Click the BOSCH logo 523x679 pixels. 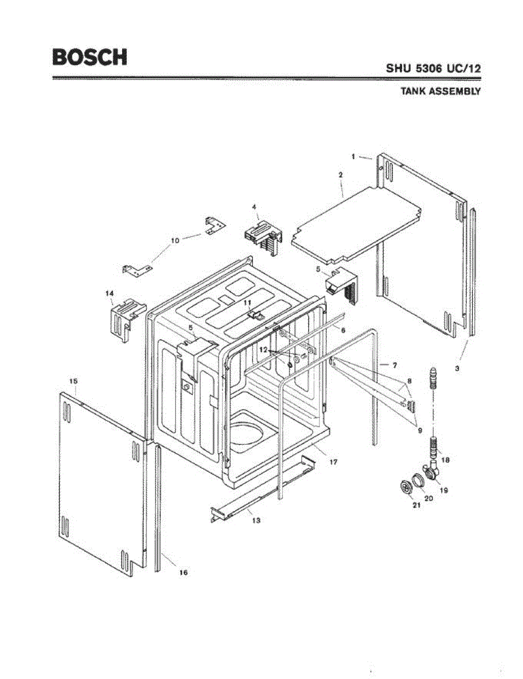pos(89,57)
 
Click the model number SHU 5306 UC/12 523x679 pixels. pos(433,68)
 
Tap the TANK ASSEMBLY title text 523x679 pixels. pos(440,91)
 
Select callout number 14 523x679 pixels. pos(110,293)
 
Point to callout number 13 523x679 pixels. pos(256,520)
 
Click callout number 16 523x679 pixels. pos(183,573)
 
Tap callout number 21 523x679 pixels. pos(416,505)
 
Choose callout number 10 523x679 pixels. pos(175,240)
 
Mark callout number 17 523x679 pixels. pos(334,462)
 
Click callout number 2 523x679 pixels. pos(340,175)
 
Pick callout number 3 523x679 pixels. pos(457,368)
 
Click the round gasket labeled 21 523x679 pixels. pos(404,488)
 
